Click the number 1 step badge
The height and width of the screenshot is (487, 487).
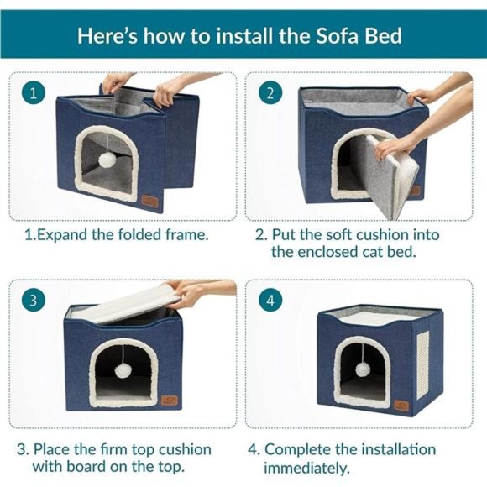(33, 92)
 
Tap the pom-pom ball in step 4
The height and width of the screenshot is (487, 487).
(363, 369)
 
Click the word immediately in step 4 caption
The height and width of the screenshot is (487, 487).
(306, 468)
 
